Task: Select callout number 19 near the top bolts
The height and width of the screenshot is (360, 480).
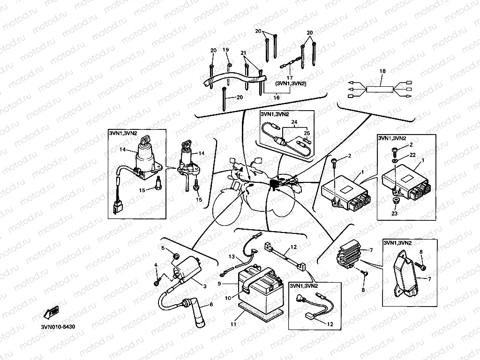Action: (x=225, y=50)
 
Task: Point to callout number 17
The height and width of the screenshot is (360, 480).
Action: (x=290, y=78)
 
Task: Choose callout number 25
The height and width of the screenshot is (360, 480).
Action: (x=307, y=134)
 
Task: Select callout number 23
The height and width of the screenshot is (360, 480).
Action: (x=394, y=213)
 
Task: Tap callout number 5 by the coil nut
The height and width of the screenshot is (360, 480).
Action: (x=163, y=248)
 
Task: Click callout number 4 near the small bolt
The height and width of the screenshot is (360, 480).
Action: (x=156, y=266)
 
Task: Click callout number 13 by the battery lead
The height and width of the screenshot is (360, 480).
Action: (x=232, y=257)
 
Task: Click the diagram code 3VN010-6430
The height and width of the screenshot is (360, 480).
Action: (x=57, y=327)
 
